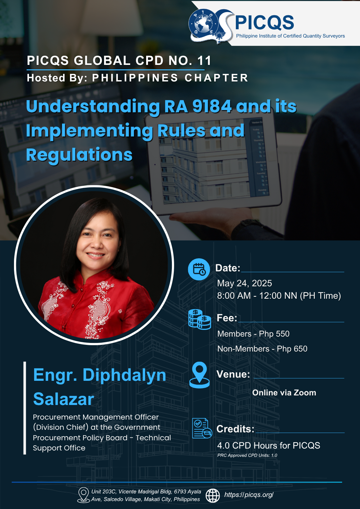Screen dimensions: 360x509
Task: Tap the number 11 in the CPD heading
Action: click(x=204, y=61)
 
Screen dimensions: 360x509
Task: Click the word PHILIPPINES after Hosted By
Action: click(x=135, y=78)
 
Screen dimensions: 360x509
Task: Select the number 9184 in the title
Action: click(x=212, y=106)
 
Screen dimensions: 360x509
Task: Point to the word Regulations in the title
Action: click(x=79, y=155)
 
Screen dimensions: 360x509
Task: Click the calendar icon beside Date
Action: click(x=199, y=269)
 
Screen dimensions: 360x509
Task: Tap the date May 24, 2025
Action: click(x=244, y=283)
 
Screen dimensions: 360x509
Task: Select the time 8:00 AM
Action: click(x=234, y=296)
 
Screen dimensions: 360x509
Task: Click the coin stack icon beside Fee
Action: click(x=200, y=319)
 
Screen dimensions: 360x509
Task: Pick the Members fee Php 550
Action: click(x=274, y=334)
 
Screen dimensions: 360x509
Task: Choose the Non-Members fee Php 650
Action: click(x=292, y=349)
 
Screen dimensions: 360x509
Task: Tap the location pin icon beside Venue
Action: click(x=200, y=375)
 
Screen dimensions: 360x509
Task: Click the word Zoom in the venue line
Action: click(x=305, y=393)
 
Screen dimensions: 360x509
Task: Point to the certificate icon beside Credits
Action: click(x=202, y=428)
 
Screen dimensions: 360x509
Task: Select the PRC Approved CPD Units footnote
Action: click(x=247, y=455)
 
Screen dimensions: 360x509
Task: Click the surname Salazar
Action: click(x=64, y=399)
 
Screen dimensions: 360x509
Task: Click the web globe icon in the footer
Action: click(x=213, y=496)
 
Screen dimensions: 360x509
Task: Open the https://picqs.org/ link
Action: click(x=249, y=495)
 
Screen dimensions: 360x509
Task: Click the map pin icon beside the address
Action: click(x=83, y=495)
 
